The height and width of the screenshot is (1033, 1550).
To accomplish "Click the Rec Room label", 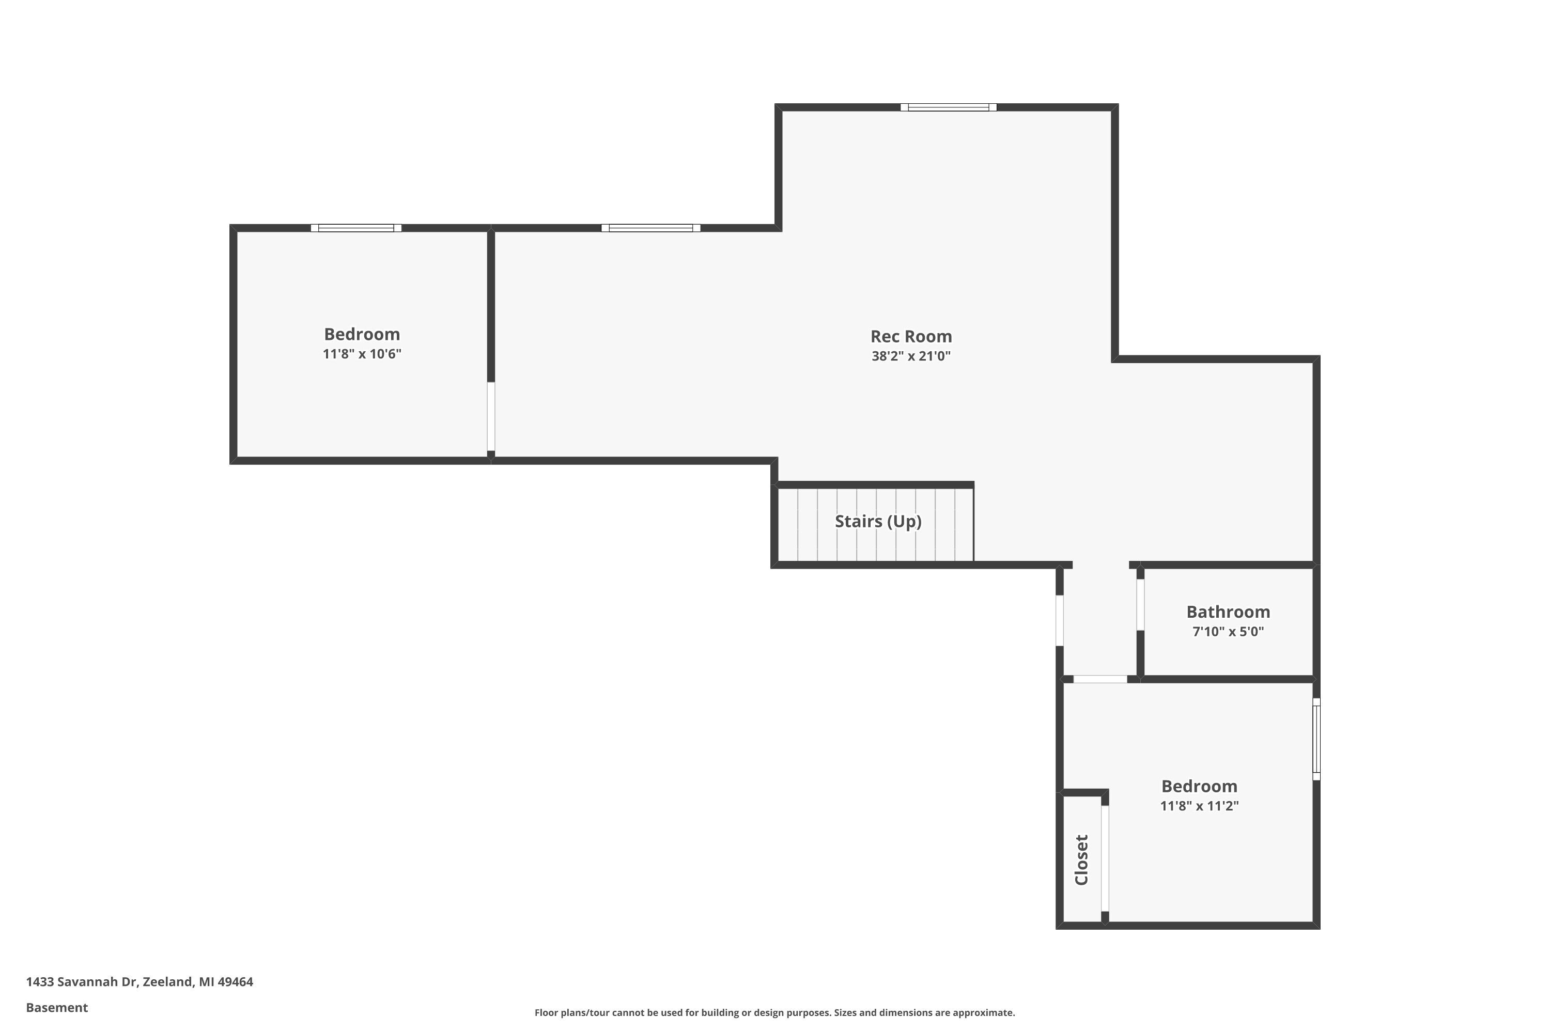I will (x=911, y=336).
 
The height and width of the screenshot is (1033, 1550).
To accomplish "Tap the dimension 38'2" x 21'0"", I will (x=911, y=356).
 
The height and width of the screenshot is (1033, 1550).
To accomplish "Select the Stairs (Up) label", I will (x=878, y=521).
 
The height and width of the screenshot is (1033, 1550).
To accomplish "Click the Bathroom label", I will (x=1228, y=612).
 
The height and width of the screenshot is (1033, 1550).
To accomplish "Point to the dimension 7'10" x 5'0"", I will (x=1228, y=631).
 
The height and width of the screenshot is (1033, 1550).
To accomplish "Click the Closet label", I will (x=1081, y=860).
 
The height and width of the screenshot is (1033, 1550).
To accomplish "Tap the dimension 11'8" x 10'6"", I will (x=362, y=354).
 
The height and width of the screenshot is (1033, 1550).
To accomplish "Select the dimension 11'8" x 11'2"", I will (x=1199, y=805).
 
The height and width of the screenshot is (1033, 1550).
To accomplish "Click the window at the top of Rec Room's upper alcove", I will (x=948, y=107).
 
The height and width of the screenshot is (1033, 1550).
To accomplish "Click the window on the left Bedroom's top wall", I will (x=356, y=228).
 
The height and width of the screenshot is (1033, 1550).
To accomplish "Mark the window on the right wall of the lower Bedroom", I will (x=1316, y=739).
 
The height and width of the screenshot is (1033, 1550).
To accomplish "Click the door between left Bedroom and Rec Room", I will (x=491, y=416).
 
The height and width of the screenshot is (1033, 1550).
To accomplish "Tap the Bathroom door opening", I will (x=1140, y=605).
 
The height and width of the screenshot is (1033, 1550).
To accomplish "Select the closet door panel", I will (x=1105, y=858).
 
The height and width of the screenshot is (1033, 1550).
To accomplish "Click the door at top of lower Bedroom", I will (x=1100, y=679).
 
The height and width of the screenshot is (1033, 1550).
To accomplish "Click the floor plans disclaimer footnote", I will (x=774, y=1012).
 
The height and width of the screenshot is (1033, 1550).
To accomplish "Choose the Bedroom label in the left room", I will (x=362, y=334).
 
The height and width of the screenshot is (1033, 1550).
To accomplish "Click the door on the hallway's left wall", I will (x=1060, y=621).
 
